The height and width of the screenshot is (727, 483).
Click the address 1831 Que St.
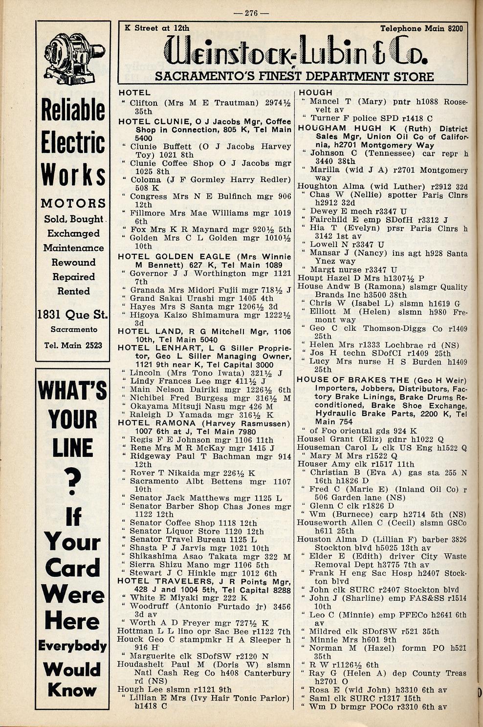(x=72, y=315)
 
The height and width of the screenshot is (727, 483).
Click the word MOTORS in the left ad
(x=73, y=203)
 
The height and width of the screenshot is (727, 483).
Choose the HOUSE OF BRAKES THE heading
(x=353, y=380)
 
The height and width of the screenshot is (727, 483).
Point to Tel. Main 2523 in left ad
(x=73, y=345)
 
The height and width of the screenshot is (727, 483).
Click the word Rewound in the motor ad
(x=73, y=262)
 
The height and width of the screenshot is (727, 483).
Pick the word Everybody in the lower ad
(x=72, y=645)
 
